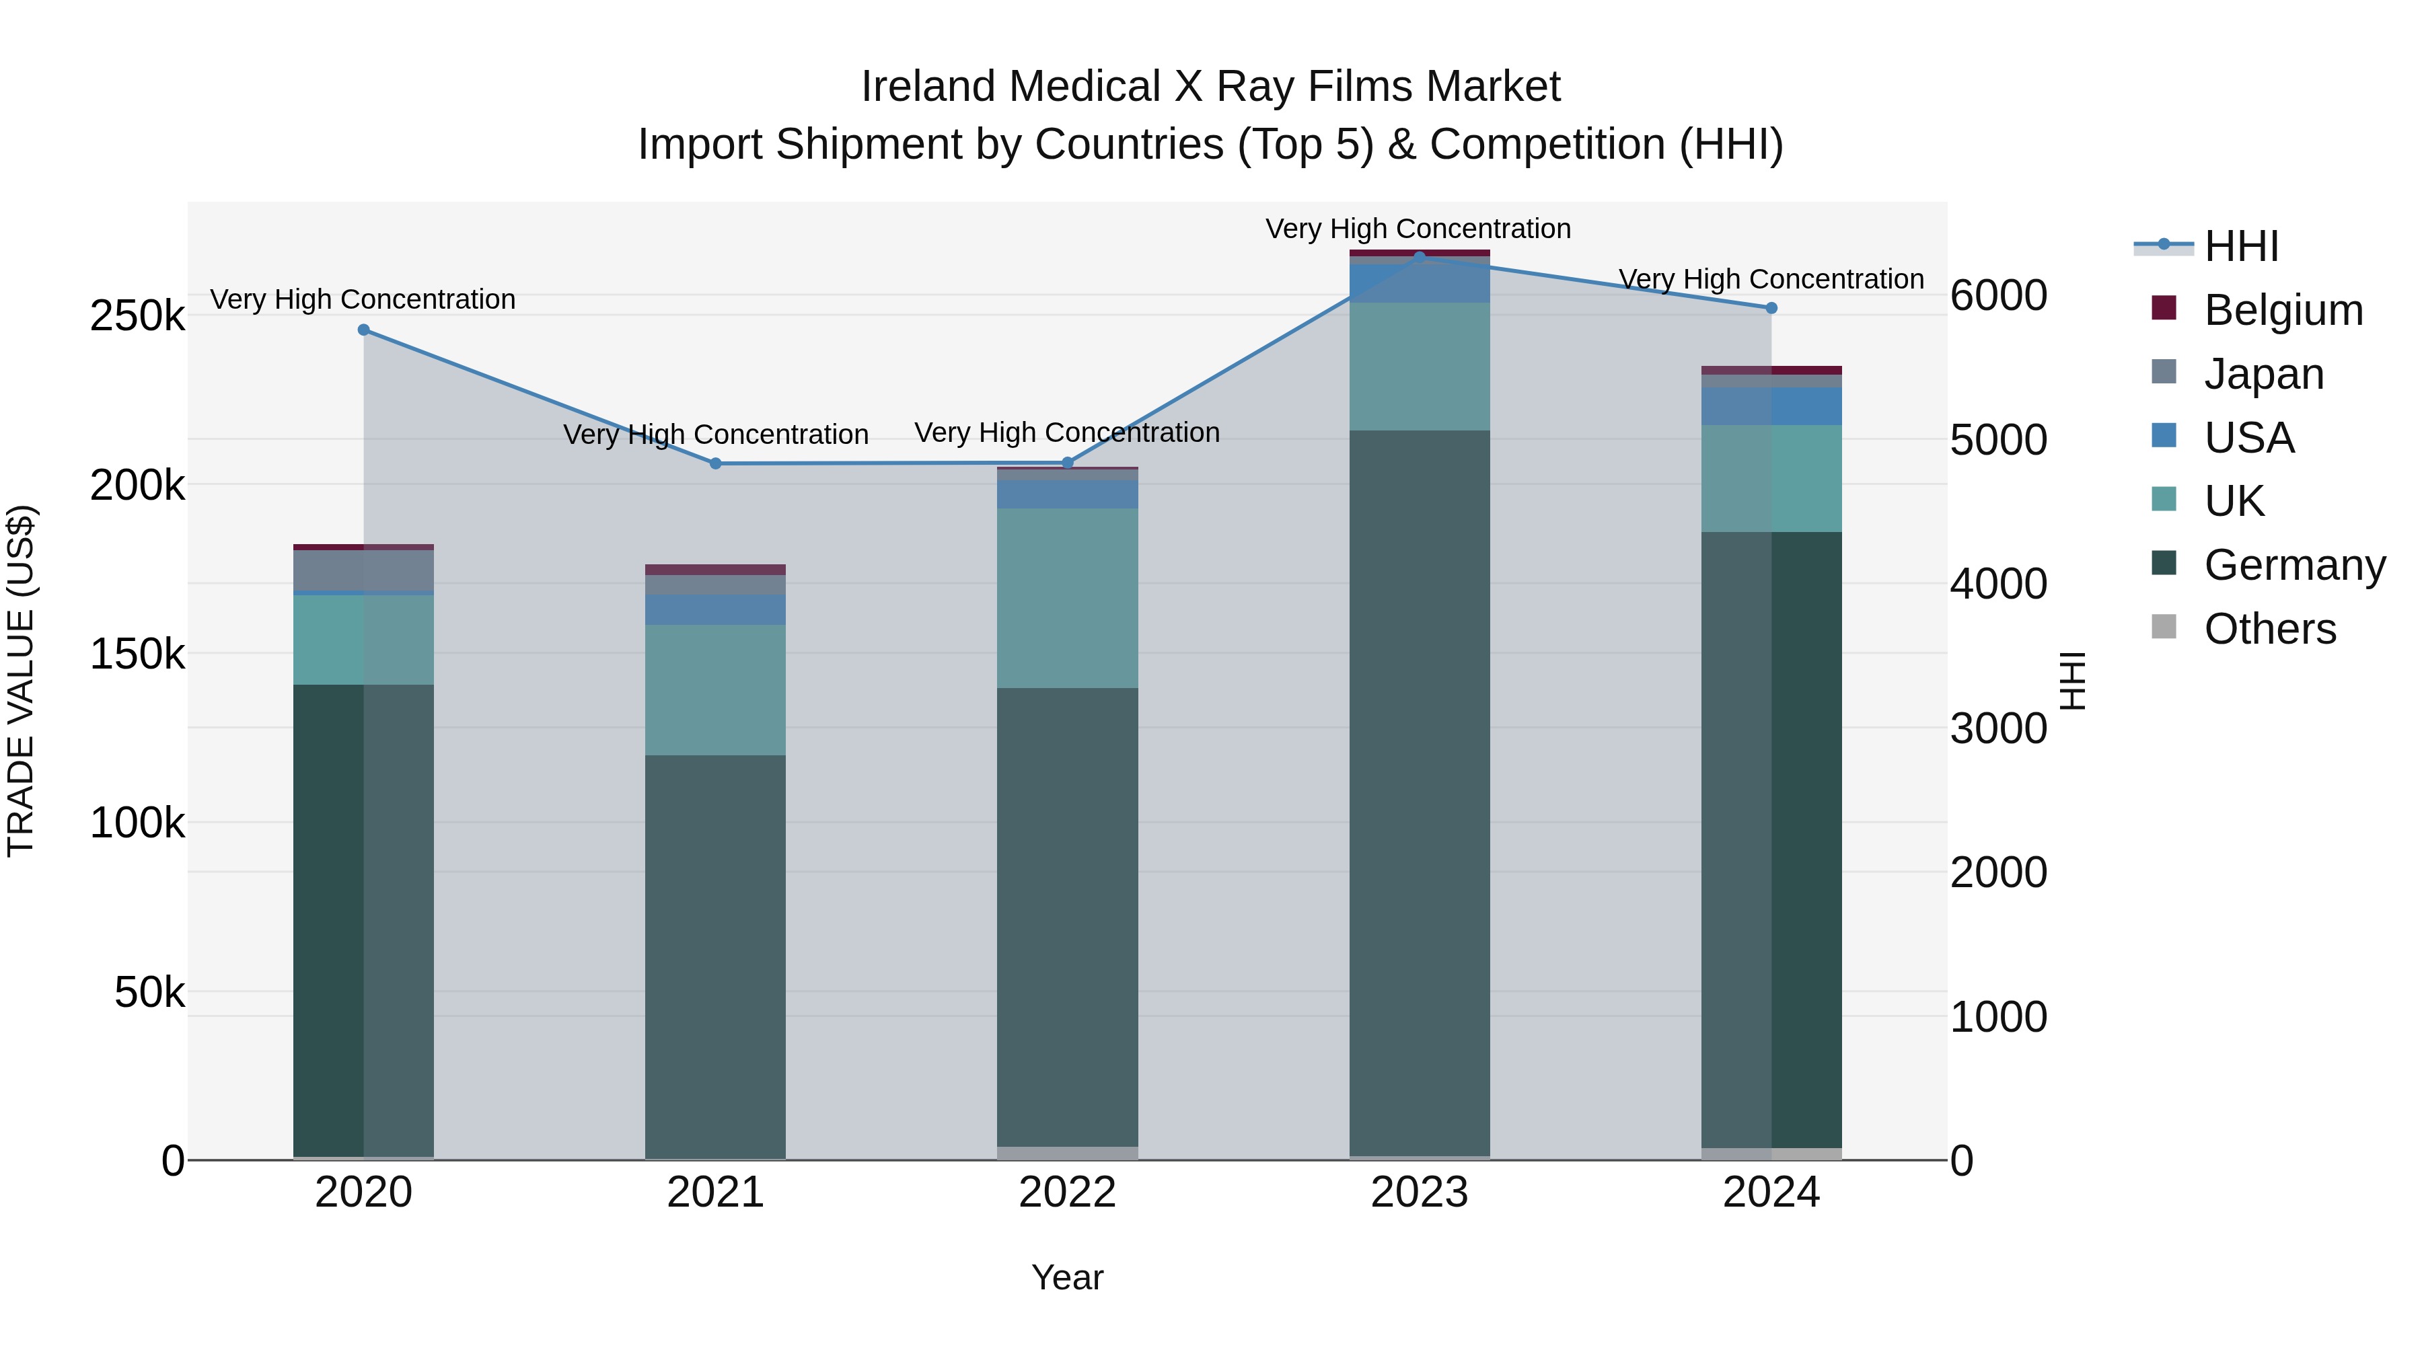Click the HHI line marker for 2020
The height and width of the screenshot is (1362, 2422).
pyautogui.click(x=364, y=330)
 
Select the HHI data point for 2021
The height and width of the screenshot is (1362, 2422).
pyautogui.click(x=716, y=463)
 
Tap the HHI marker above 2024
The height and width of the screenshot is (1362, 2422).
pyautogui.click(x=1771, y=308)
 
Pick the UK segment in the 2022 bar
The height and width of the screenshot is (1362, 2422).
pyautogui.click(x=1067, y=598)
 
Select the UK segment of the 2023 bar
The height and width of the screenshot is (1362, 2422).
pyautogui.click(x=1420, y=367)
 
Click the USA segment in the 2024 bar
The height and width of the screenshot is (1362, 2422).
pyautogui.click(x=1771, y=406)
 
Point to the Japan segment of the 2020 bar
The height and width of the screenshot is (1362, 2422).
pyautogui.click(x=364, y=570)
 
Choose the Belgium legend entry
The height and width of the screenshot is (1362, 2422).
pyautogui.click(x=2283, y=310)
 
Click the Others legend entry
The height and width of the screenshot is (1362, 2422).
pyautogui.click(x=2270, y=629)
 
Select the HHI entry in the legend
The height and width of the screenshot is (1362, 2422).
pyautogui.click(x=2242, y=246)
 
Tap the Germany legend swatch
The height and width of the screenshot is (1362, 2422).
pyautogui.click(x=2164, y=564)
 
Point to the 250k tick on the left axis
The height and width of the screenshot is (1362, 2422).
pyautogui.click(x=137, y=316)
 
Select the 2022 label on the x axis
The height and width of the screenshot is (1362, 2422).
pyautogui.click(x=1067, y=1193)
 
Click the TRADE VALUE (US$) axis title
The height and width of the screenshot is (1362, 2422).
pyautogui.click(x=21, y=681)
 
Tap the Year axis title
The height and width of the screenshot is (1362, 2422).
pyautogui.click(x=1067, y=1277)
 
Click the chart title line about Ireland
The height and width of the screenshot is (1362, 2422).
pyautogui.click(x=1210, y=87)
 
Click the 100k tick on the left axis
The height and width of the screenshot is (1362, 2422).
pyautogui.click(x=137, y=823)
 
